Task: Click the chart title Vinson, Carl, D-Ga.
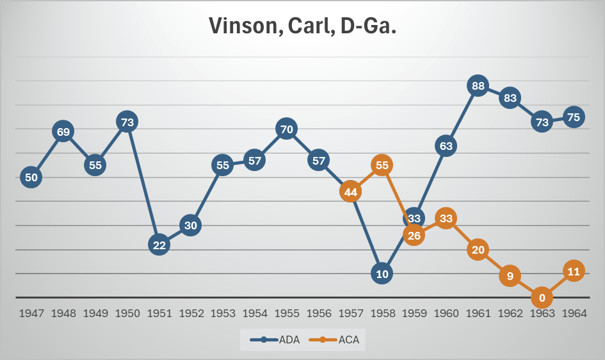[x=302, y=26]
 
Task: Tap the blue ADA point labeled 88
[x=478, y=85]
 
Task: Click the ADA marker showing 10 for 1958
[x=382, y=274]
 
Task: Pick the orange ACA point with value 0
[x=542, y=298]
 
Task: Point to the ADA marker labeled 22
[x=159, y=245]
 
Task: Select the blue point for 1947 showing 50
[x=31, y=177]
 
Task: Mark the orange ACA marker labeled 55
[x=382, y=165]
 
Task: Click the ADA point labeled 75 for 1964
[x=574, y=117]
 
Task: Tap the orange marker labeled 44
[x=350, y=192]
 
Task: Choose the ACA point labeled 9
[x=510, y=276]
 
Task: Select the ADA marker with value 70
[x=286, y=129]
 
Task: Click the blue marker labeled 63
[x=446, y=146]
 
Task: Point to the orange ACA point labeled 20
[x=478, y=250]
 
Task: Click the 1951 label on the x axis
[x=159, y=315]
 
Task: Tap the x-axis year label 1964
[x=574, y=315]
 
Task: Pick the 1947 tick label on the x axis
[x=31, y=315]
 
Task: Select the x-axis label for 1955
[x=286, y=315]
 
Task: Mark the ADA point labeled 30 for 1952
[x=191, y=225]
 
